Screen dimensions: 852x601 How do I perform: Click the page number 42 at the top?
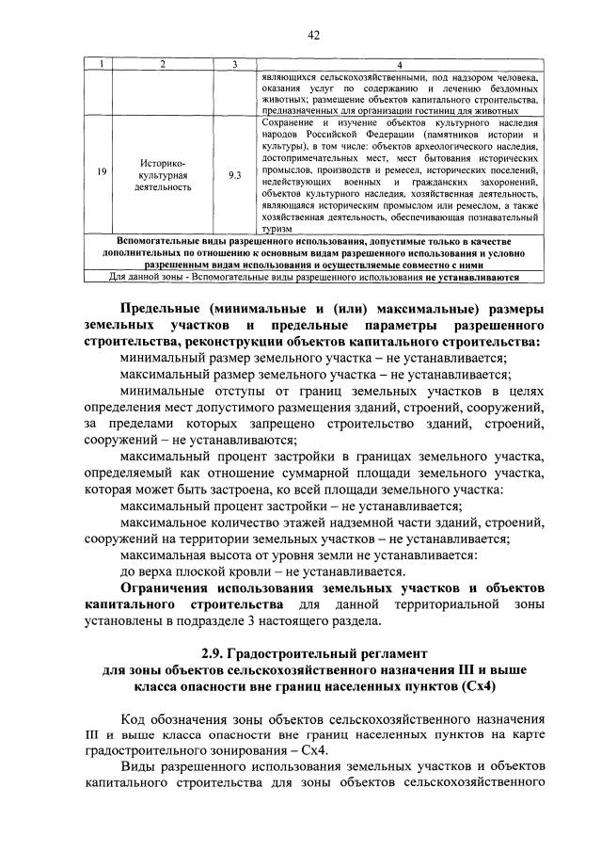pos(314,35)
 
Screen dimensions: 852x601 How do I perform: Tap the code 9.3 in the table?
pos(234,174)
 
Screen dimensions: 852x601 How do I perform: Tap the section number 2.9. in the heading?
pos(217,651)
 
